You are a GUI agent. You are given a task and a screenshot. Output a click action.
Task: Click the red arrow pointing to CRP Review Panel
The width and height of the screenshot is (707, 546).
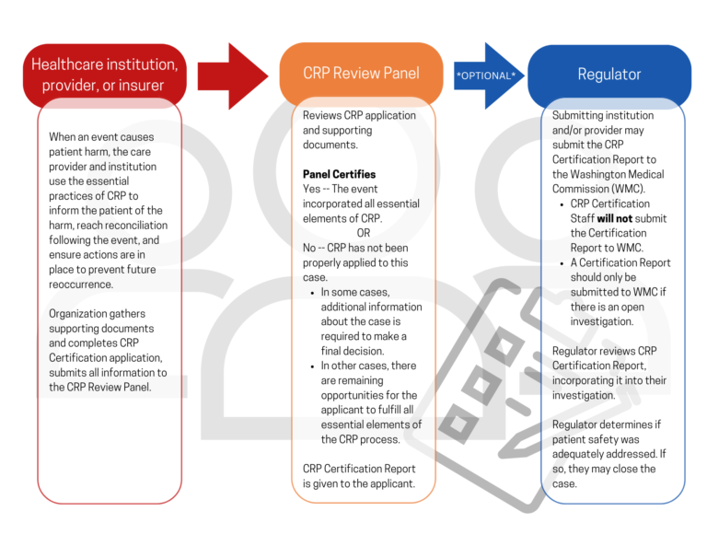click(232, 75)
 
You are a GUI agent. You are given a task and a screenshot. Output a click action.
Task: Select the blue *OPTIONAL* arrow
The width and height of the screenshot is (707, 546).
click(486, 75)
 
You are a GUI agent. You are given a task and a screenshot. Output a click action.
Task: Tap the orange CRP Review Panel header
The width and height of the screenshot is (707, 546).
click(361, 74)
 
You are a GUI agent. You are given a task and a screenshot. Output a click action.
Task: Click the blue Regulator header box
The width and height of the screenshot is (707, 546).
click(608, 74)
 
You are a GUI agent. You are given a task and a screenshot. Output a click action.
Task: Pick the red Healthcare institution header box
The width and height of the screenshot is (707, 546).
click(104, 75)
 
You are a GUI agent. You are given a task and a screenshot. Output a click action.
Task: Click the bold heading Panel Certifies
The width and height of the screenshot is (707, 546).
click(339, 174)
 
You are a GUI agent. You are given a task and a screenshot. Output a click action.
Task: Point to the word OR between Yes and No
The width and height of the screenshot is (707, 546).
click(364, 233)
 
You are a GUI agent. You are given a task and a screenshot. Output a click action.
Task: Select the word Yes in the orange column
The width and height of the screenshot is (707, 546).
click(313, 189)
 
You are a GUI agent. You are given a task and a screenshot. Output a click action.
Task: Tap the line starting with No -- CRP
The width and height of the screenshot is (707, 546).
click(355, 248)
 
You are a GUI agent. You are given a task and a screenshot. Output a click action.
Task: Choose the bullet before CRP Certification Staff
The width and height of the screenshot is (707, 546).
click(562, 204)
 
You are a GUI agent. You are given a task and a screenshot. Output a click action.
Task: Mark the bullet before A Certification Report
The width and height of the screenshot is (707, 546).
click(562, 263)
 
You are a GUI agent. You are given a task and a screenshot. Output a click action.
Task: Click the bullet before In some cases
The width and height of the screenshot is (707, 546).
click(311, 293)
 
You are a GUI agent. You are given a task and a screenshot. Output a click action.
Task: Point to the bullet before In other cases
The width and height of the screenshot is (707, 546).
click(311, 366)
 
